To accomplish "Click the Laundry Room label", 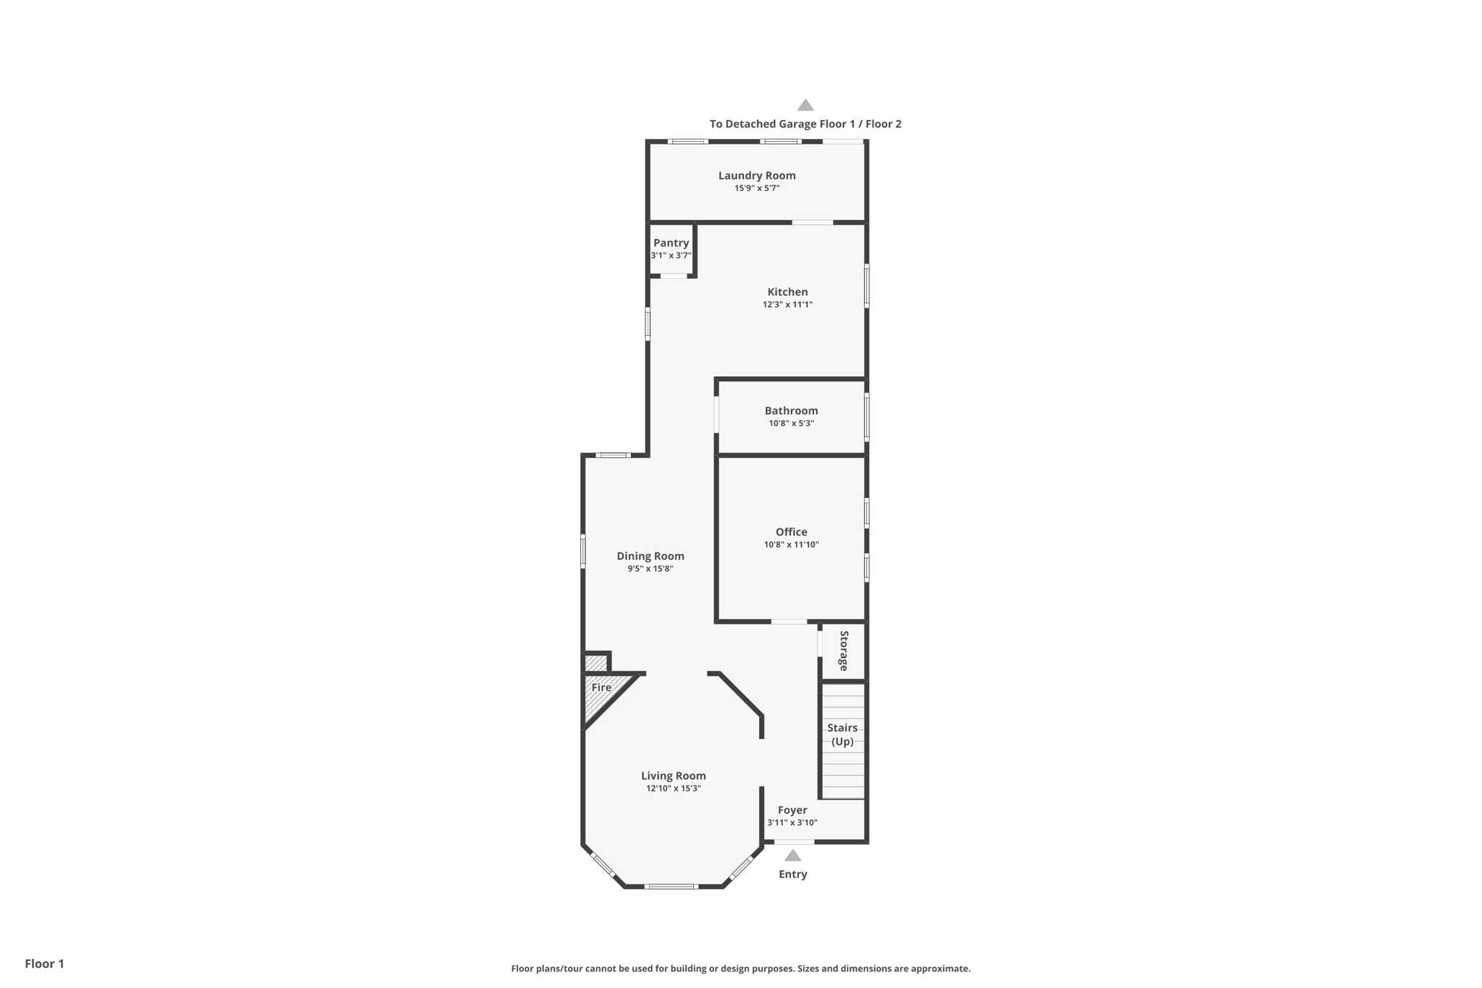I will pyautogui.click(x=756, y=175).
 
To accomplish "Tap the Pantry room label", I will pyautogui.click(x=671, y=242).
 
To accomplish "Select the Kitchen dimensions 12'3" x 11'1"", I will pyautogui.click(x=787, y=305).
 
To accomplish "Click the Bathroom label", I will pyautogui.click(x=791, y=410).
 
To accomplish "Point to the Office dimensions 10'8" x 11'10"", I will pyautogui.click(x=791, y=545).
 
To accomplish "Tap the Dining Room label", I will pyautogui.click(x=650, y=556).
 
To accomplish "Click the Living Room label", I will pyautogui.click(x=673, y=776).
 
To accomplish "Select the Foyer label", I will pyautogui.click(x=792, y=810).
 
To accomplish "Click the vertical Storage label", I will pyautogui.click(x=844, y=651).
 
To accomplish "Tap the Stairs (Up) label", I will pyautogui.click(x=842, y=734).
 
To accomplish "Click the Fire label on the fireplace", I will pyautogui.click(x=601, y=688).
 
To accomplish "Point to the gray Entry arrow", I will pyautogui.click(x=793, y=856).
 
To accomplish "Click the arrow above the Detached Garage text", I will pyautogui.click(x=805, y=105).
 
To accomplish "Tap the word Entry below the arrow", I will pyautogui.click(x=792, y=874).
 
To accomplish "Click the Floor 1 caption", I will pyautogui.click(x=44, y=963).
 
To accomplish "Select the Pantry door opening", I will pyautogui.click(x=673, y=276).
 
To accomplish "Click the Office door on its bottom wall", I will pyautogui.click(x=789, y=622).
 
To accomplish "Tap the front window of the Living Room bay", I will pyautogui.click(x=671, y=887).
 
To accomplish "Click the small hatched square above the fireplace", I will pyautogui.click(x=596, y=663).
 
